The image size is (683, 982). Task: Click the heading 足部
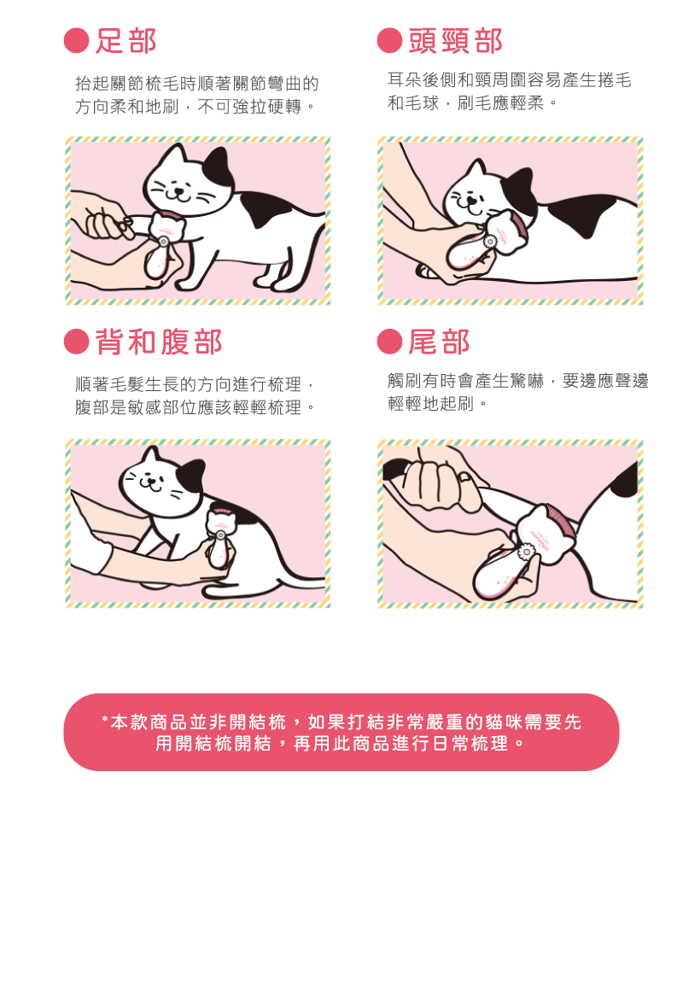pos(126,41)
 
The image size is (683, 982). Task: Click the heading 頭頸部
pos(456,41)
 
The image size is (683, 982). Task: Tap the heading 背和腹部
pos(159,342)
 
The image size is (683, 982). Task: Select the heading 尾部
pos(439,342)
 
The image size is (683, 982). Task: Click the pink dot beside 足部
pos(76,41)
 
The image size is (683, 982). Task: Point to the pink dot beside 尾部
pos(389,342)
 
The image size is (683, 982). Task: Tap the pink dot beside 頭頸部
pos(389,41)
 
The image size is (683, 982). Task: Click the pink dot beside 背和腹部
pos(76,342)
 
